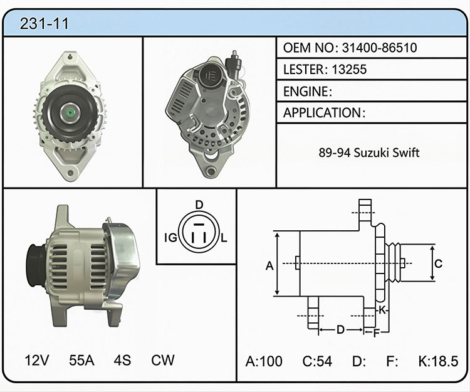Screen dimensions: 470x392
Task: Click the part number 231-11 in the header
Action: click(44, 23)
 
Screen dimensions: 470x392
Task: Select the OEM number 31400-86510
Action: click(379, 48)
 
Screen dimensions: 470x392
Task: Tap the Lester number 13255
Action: click(349, 70)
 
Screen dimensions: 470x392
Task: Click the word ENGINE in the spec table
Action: click(306, 92)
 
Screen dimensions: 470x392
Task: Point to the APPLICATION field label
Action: click(323, 113)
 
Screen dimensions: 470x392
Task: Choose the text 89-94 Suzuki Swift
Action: click(368, 153)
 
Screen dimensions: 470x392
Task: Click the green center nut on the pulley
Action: click(70, 113)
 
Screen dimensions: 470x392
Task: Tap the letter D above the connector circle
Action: click(199, 205)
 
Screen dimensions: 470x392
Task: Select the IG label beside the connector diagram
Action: click(171, 238)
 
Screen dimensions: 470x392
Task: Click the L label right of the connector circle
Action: click(224, 238)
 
